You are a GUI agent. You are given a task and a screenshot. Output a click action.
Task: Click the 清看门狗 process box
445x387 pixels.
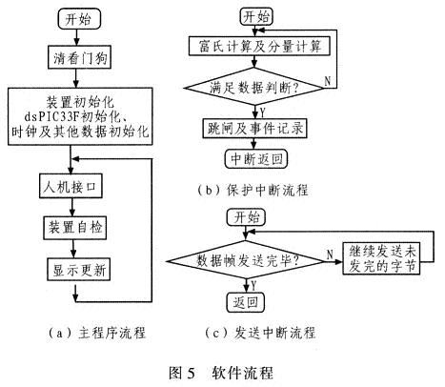[x=79, y=57]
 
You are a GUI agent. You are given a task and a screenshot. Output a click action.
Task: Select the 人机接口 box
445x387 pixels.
[x=71, y=186]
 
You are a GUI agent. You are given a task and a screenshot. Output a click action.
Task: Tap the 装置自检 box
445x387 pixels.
[x=74, y=228]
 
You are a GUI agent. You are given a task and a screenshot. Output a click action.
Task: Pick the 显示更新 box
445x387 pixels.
[x=78, y=270]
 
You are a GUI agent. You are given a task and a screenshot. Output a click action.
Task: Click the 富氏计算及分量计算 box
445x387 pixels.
[x=259, y=47]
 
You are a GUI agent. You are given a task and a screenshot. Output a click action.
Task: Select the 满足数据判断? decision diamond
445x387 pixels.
[x=254, y=87]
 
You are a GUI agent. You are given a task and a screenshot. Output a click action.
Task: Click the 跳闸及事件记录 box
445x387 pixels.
[x=254, y=129]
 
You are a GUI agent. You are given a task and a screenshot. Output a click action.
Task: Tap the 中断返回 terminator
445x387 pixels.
[x=256, y=159]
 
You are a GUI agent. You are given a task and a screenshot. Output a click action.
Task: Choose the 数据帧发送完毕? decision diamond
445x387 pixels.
[x=246, y=261]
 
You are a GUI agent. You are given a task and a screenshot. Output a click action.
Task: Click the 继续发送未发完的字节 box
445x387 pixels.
[x=381, y=258]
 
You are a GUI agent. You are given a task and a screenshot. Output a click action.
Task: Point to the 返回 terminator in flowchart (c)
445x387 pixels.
[x=245, y=302]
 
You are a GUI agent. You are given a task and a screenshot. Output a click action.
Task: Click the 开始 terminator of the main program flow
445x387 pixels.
[x=79, y=19]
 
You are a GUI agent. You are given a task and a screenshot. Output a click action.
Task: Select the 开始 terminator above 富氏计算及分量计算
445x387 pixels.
[x=256, y=16]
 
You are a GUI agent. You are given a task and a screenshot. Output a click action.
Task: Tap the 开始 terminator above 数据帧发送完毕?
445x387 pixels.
[x=246, y=217]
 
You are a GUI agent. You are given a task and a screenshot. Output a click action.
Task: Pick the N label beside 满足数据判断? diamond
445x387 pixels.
[x=327, y=81]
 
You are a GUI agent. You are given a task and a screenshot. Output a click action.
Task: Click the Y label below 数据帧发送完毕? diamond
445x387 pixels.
[x=253, y=286]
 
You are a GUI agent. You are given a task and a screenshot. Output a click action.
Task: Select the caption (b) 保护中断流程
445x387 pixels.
[x=253, y=190]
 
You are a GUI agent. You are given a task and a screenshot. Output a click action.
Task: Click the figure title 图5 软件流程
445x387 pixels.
[x=221, y=372]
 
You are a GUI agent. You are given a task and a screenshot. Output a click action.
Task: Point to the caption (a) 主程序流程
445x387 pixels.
[x=97, y=333]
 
